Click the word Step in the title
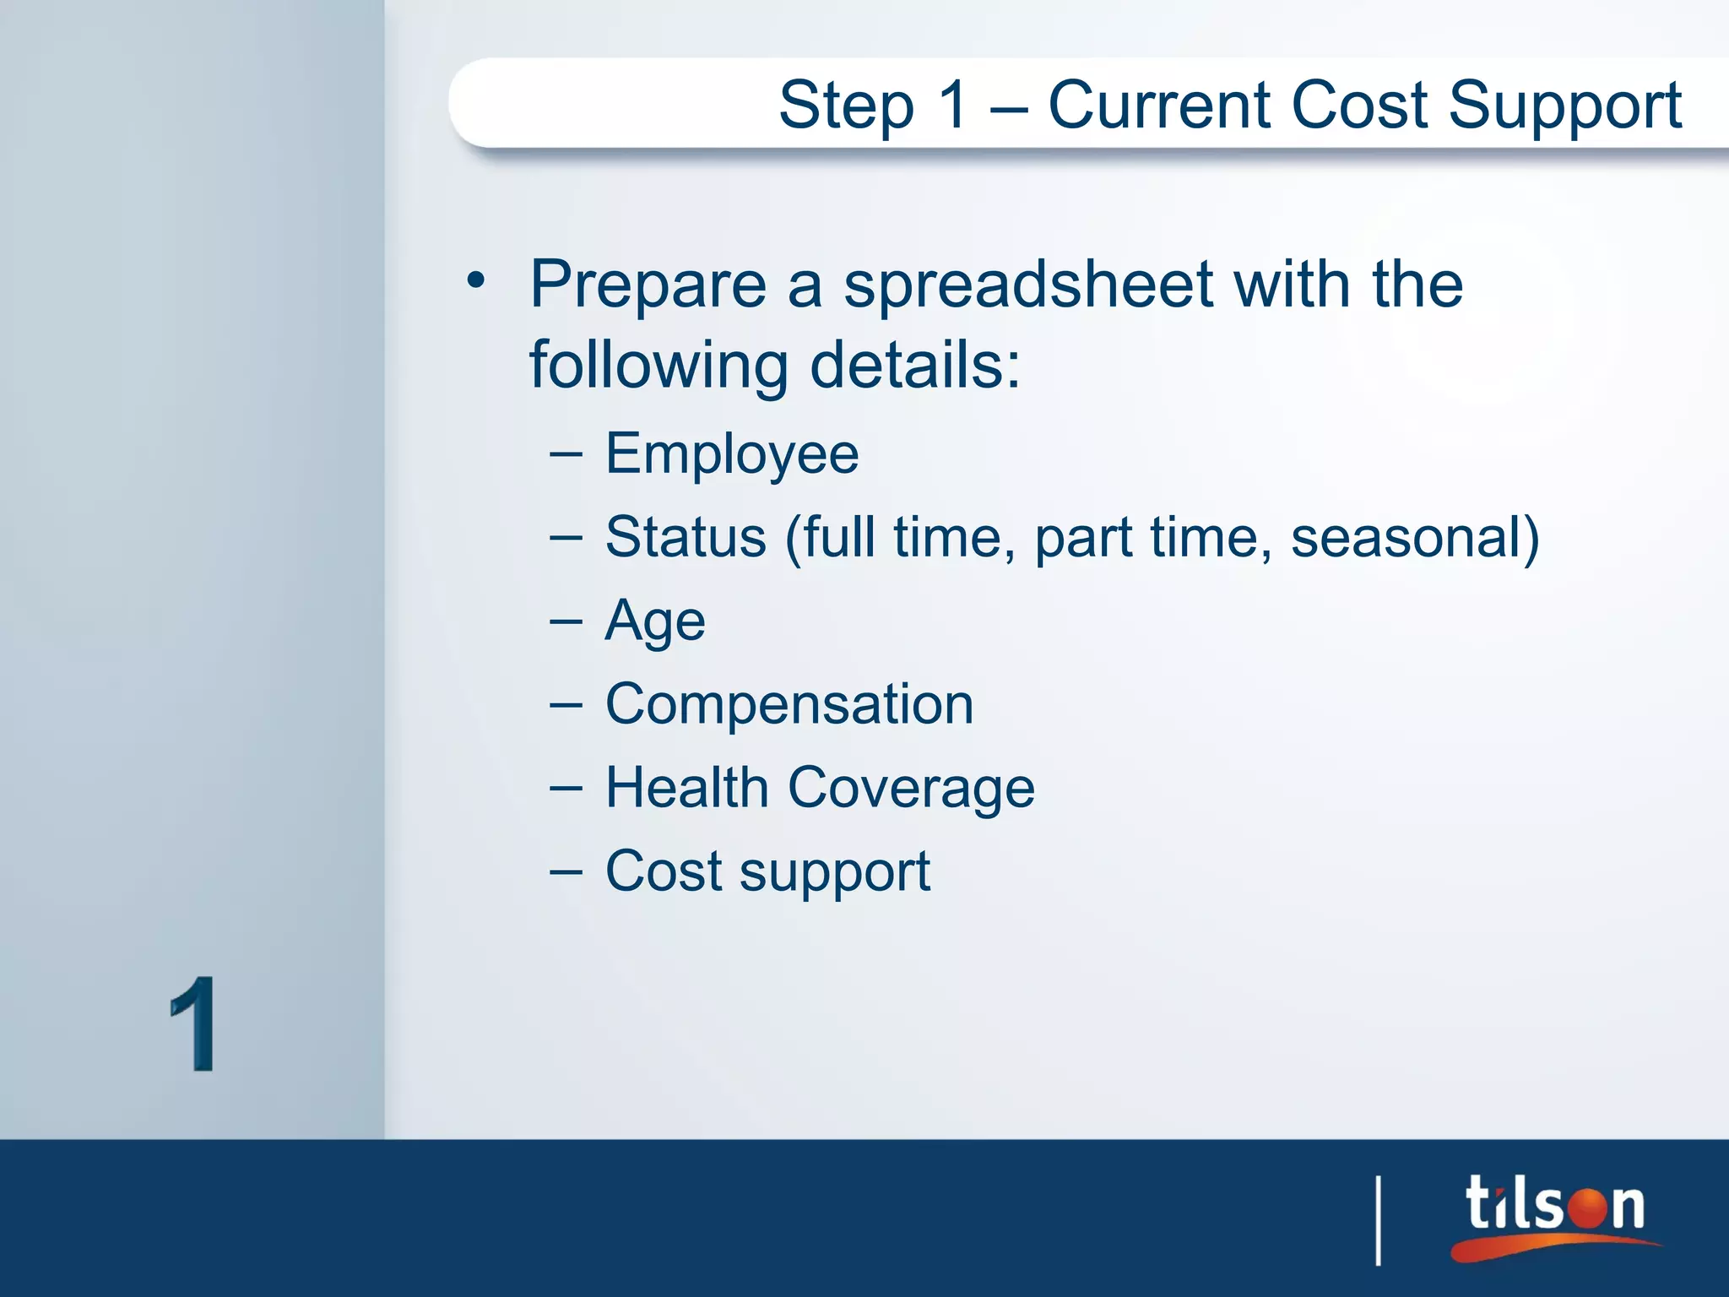tap(846, 106)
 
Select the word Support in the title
tap(1565, 106)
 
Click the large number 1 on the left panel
tap(193, 1024)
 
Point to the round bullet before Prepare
tap(477, 281)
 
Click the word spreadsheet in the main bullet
tap(1028, 285)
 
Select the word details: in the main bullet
tap(915, 366)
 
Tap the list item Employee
tap(732, 455)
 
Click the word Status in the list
tap(686, 537)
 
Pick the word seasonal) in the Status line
tap(1415, 537)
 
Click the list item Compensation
tap(789, 704)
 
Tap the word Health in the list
tap(686, 788)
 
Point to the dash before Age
tap(566, 621)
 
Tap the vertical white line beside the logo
tap(1379, 1220)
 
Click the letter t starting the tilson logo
tap(1480, 1203)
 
